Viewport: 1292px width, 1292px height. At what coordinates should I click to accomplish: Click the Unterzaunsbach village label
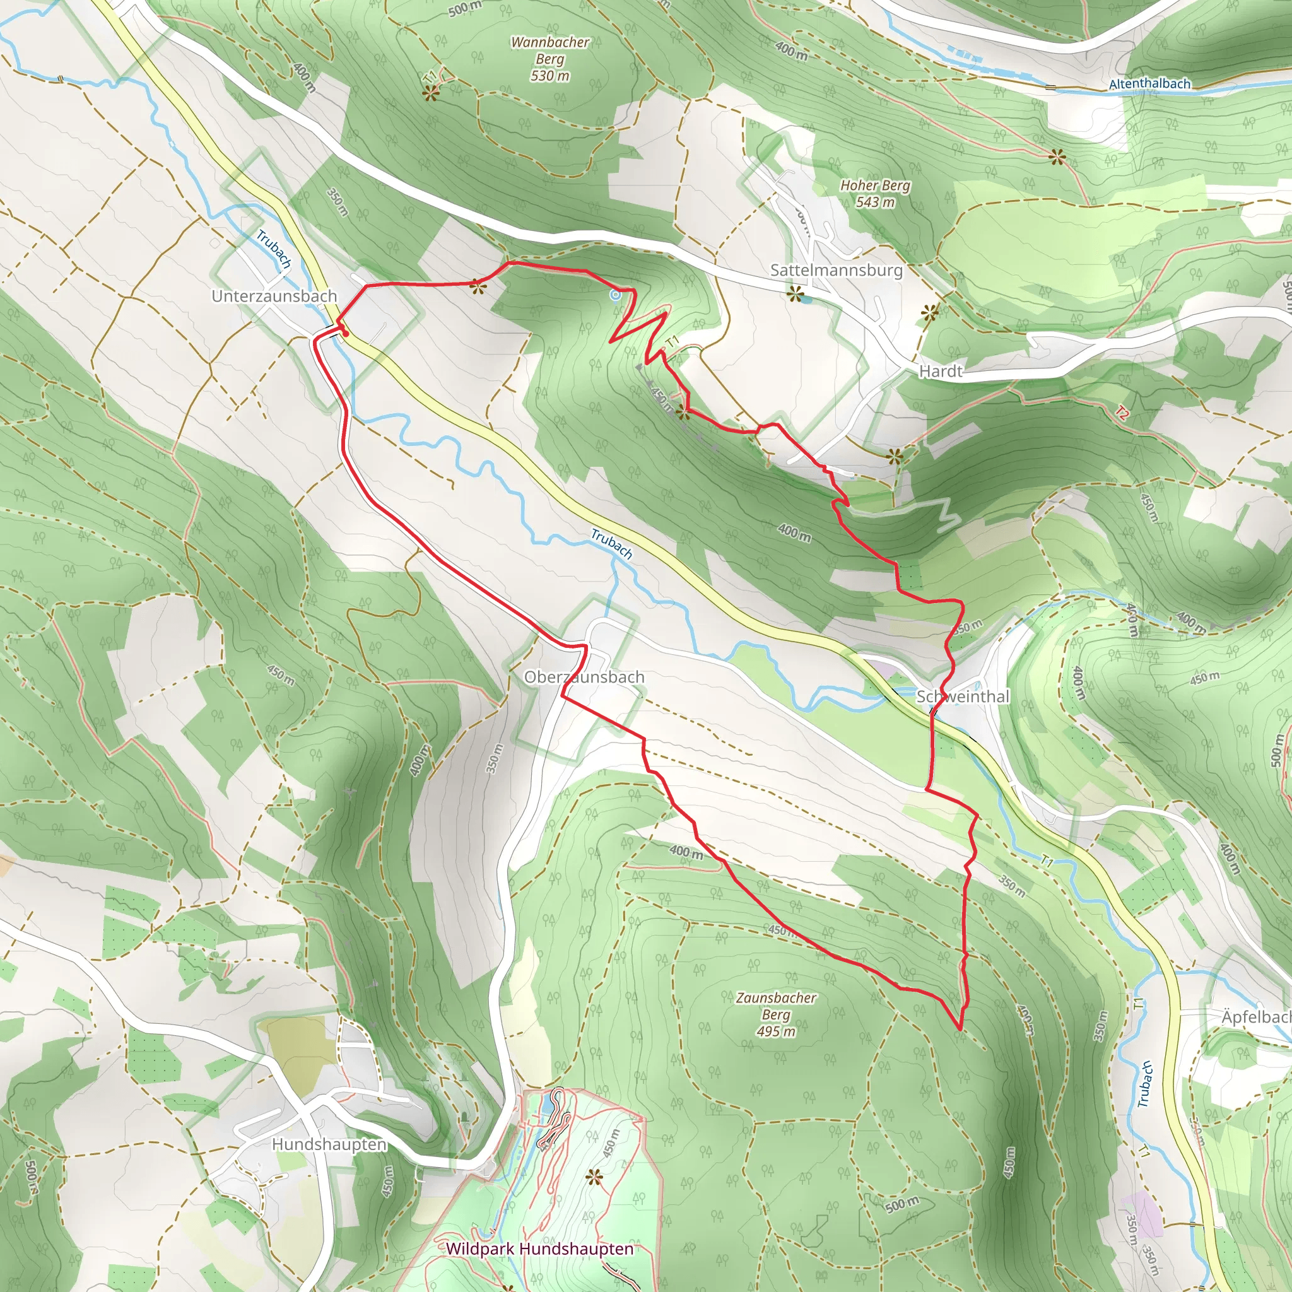click(274, 296)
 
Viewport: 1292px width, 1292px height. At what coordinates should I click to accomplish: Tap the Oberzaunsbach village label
click(584, 677)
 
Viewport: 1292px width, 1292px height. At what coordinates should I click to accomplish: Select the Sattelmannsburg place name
click(836, 270)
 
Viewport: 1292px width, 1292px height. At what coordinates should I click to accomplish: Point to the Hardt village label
click(940, 371)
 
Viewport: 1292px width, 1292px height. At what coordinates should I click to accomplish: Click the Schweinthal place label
click(962, 696)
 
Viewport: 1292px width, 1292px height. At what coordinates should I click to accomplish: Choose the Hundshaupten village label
click(329, 1144)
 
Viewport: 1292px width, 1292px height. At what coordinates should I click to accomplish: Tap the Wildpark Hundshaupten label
click(539, 1248)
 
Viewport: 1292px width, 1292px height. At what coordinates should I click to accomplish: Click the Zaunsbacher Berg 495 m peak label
click(776, 1014)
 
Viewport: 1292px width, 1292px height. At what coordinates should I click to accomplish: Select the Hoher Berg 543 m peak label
click(875, 193)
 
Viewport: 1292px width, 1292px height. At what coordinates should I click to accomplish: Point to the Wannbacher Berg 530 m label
click(549, 59)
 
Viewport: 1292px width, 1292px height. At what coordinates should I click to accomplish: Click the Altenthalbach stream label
click(1149, 85)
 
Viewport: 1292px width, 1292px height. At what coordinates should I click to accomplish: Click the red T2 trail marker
click(1122, 414)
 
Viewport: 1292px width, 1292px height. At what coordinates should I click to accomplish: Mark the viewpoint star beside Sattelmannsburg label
click(794, 293)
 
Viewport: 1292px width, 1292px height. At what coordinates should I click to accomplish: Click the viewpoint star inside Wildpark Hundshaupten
click(592, 1177)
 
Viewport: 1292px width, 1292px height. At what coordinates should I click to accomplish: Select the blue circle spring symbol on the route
click(615, 294)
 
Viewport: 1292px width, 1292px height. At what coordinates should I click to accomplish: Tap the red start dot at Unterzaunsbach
click(346, 333)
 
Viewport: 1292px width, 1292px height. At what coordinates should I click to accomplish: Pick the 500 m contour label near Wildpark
click(902, 1204)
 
